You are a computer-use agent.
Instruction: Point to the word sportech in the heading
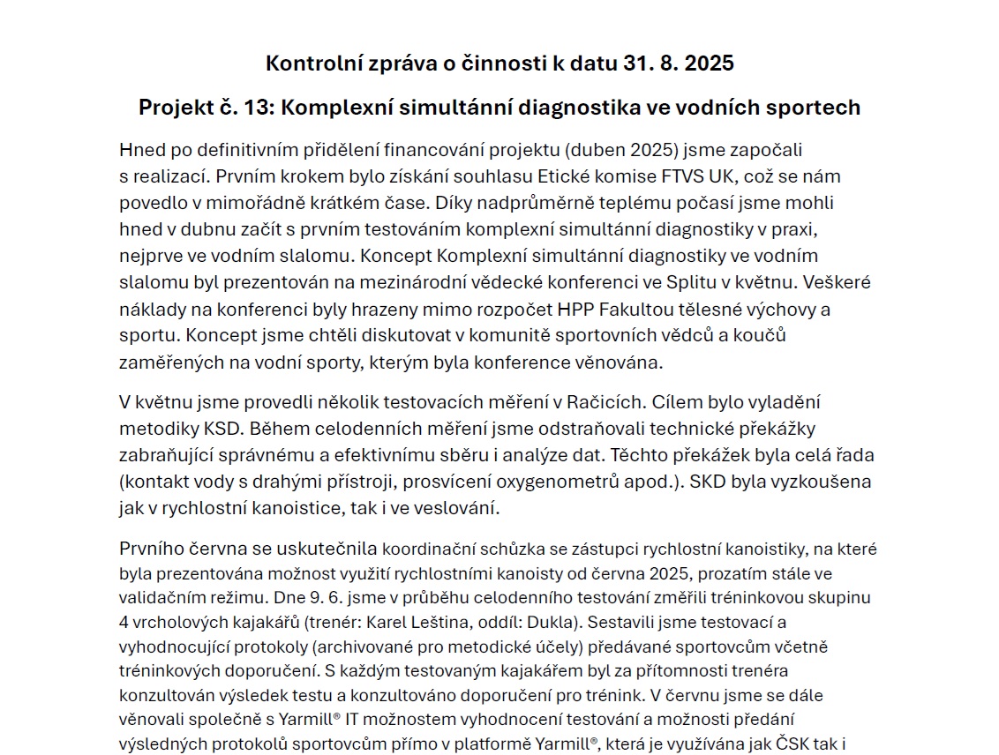point(811,108)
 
